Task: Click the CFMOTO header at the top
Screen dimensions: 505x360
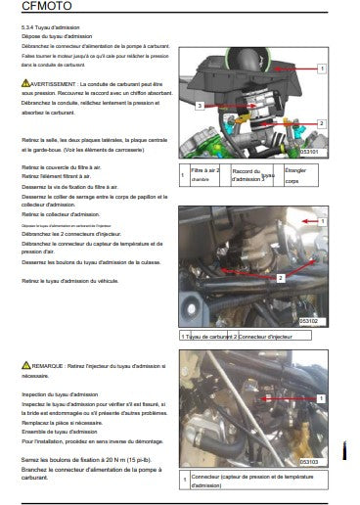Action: [x=29, y=9]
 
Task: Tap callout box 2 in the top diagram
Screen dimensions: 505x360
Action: [x=320, y=123]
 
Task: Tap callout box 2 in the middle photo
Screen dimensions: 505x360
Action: [x=281, y=277]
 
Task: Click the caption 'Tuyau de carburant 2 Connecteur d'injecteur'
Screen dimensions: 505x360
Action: [x=243, y=336]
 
